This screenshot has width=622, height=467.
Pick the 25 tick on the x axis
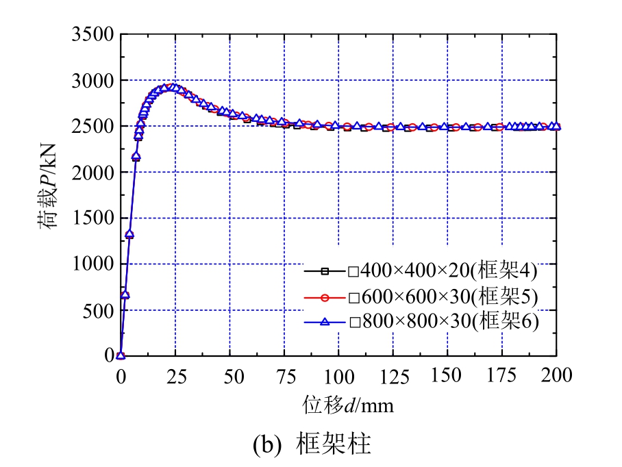(x=175, y=375)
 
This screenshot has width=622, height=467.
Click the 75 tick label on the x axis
(x=284, y=375)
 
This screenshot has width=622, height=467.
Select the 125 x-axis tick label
(x=393, y=375)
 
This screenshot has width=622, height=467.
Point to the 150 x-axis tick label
(x=447, y=375)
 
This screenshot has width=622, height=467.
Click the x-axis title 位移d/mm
(x=348, y=405)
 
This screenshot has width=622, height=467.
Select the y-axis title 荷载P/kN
(x=53, y=194)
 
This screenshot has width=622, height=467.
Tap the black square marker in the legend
(x=325, y=271)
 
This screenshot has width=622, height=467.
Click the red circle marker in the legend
(x=325, y=296)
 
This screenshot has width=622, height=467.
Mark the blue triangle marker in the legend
(x=325, y=321)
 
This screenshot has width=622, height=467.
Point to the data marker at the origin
(x=121, y=355)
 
